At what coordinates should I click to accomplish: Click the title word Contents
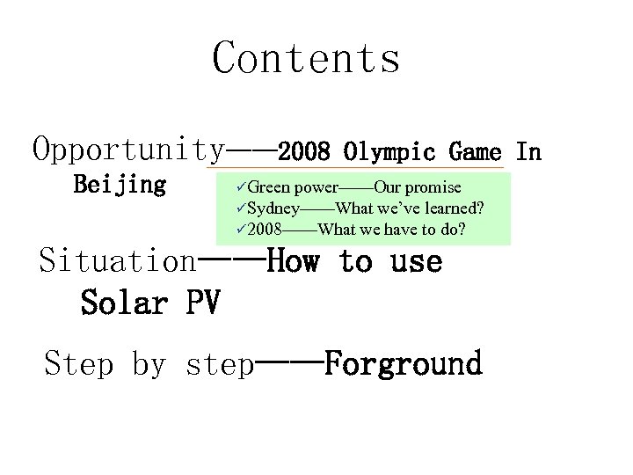pyautogui.click(x=306, y=58)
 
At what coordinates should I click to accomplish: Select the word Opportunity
pyautogui.click(x=127, y=150)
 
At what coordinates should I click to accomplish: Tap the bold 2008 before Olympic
pyautogui.click(x=304, y=152)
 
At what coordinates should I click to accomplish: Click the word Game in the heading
pyautogui.click(x=475, y=152)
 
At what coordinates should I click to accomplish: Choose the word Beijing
pyautogui.click(x=120, y=185)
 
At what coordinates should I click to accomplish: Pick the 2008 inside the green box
pyautogui.click(x=265, y=230)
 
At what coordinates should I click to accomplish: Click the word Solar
pyautogui.click(x=124, y=303)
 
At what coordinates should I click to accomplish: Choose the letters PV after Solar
pyautogui.click(x=203, y=303)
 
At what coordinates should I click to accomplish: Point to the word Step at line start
pyautogui.click(x=79, y=363)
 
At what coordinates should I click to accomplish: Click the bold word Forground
pyautogui.click(x=404, y=363)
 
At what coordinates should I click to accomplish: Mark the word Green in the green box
pyautogui.click(x=269, y=187)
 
